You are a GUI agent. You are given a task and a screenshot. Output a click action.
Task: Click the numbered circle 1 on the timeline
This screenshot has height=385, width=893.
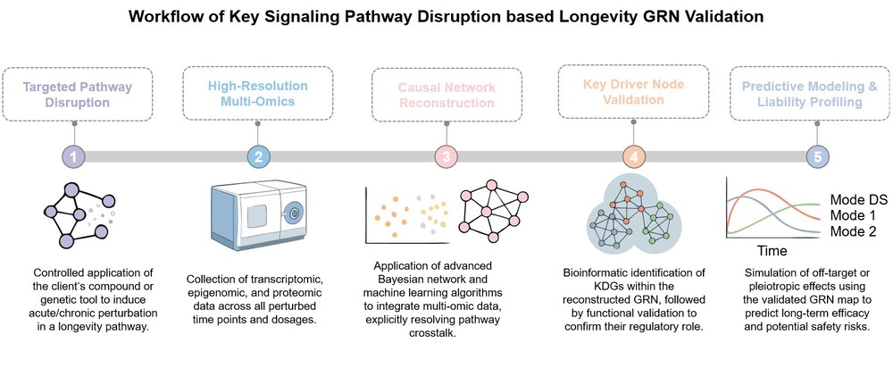75,156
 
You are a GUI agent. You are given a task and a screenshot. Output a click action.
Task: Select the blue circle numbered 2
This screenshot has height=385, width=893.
259,156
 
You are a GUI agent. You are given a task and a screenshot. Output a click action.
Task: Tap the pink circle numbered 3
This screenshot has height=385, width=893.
446,156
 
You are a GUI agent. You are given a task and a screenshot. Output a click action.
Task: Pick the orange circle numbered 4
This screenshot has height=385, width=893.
632,156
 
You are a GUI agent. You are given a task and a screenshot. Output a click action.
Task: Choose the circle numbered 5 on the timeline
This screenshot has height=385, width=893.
817,156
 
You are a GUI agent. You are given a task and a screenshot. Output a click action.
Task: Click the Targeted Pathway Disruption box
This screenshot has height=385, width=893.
76,93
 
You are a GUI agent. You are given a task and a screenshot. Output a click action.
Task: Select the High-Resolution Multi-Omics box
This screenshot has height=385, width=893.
259,93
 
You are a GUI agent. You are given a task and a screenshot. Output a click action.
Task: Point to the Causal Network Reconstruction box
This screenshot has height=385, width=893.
446,93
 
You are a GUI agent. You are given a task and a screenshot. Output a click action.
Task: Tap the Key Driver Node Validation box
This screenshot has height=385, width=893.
632,93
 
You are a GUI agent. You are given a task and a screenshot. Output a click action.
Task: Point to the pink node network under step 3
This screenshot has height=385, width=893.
494,213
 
